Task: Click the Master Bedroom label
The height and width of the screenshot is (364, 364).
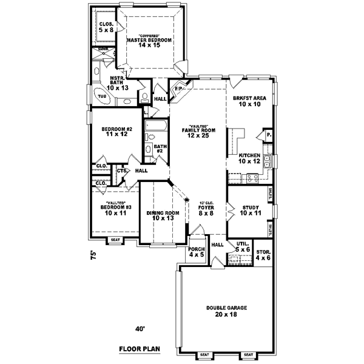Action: point(149,40)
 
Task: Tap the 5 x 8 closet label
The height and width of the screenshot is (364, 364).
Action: point(106,27)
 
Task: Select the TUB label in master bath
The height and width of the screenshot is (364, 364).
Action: point(101,96)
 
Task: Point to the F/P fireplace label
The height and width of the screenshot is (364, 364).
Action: point(178,89)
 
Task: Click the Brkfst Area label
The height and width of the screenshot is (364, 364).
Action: point(249,101)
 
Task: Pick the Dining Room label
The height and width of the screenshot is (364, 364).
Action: point(162,215)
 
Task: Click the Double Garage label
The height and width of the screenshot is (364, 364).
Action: point(225,311)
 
